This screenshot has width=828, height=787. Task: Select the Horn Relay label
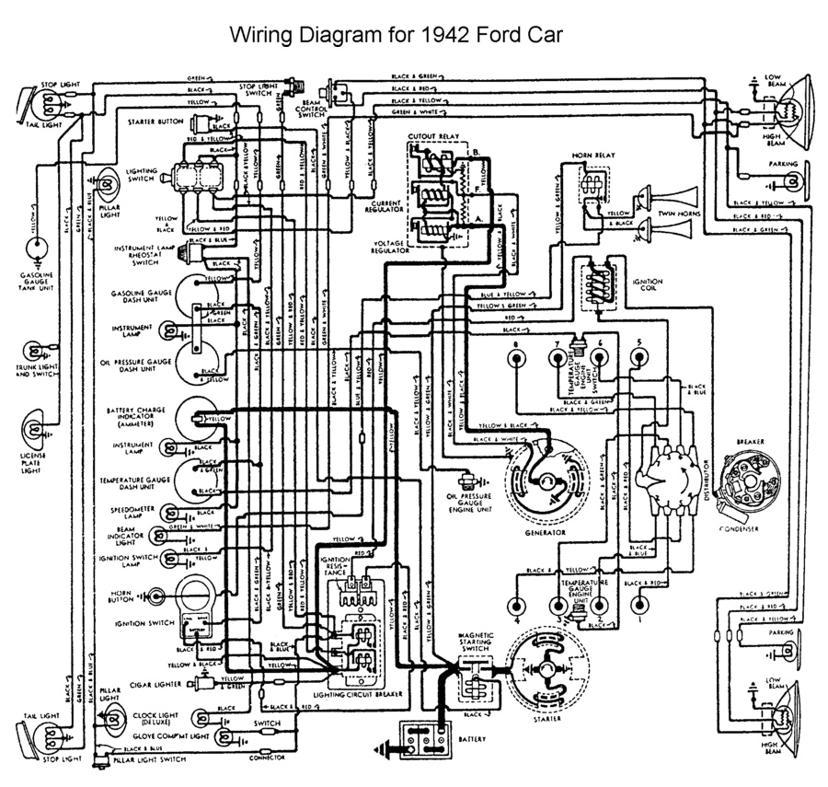(x=587, y=156)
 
